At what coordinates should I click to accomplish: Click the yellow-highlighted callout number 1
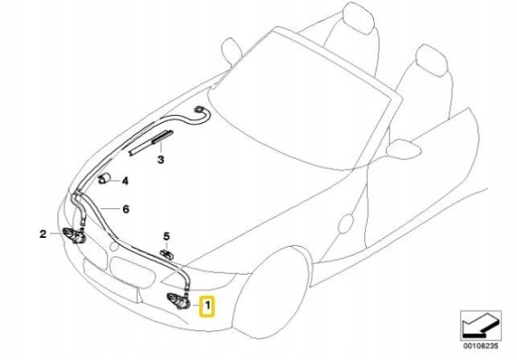(207, 306)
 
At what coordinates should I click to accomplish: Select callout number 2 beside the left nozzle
(43, 234)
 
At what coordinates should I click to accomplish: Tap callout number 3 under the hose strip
(161, 160)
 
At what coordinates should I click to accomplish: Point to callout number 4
(125, 181)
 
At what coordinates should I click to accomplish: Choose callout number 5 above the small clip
(166, 236)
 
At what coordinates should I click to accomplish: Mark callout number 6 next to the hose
(126, 209)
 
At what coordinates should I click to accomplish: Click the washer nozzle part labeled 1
(178, 301)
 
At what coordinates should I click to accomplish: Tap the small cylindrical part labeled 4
(104, 178)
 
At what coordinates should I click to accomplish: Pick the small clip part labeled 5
(167, 254)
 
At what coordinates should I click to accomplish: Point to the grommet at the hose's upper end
(199, 109)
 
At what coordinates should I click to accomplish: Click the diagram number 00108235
(481, 346)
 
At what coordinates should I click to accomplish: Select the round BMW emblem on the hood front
(114, 246)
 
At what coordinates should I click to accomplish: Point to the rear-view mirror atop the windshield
(232, 50)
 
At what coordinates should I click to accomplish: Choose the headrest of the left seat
(359, 18)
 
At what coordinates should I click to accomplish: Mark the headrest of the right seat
(432, 59)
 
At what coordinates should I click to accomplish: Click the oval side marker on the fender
(346, 225)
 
